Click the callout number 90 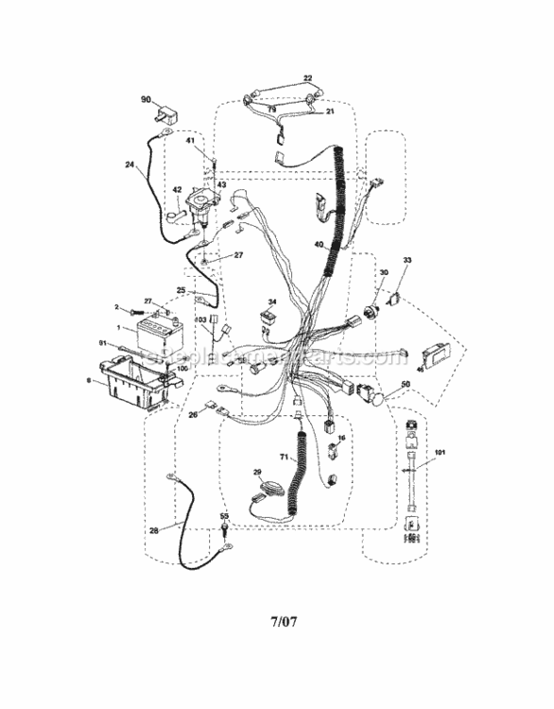[146, 100]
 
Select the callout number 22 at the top [307, 78]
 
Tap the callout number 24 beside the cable [129, 165]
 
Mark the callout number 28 [153, 530]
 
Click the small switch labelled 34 [269, 320]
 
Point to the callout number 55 [224, 517]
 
